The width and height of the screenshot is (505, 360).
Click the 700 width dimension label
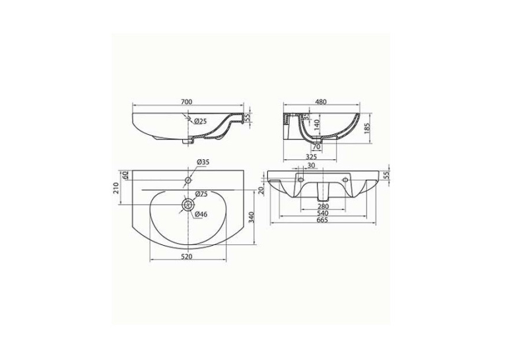(x=186, y=102)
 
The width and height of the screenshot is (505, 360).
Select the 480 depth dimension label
(x=321, y=102)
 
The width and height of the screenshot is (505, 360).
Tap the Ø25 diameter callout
(x=200, y=121)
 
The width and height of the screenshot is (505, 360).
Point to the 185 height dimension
(x=366, y=128)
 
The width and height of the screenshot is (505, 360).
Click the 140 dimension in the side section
(x=317, y=125)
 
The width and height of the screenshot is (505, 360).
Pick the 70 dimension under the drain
(x=316, y=147)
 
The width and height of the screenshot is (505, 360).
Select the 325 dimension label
(x=312, y=157)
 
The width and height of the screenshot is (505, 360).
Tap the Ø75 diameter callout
(x=201, y=194)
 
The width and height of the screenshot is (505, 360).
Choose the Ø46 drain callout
(x=201, y=214)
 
